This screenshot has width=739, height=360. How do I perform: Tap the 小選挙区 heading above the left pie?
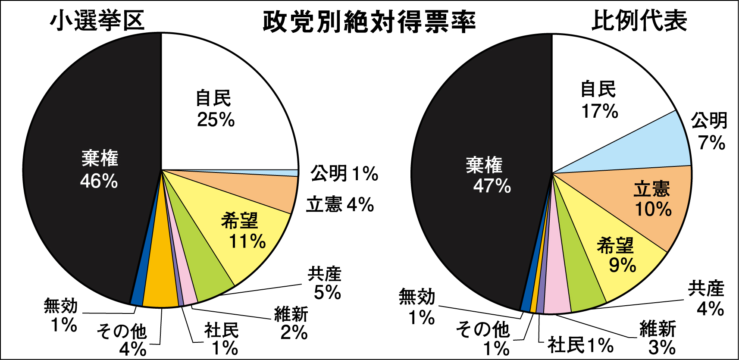tap(97, 21)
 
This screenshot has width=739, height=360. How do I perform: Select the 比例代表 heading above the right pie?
tap(639, 21)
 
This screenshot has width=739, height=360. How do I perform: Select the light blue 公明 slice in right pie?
tap(655, 142)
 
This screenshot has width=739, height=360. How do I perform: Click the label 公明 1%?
tap(344, 174)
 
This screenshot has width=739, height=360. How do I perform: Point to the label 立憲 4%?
tap(340, 204)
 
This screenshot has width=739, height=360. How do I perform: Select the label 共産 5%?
tap(325, 283)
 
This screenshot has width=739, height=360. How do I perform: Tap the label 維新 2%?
tap(291, 323)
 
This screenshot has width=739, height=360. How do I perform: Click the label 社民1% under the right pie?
tap(580, 345)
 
